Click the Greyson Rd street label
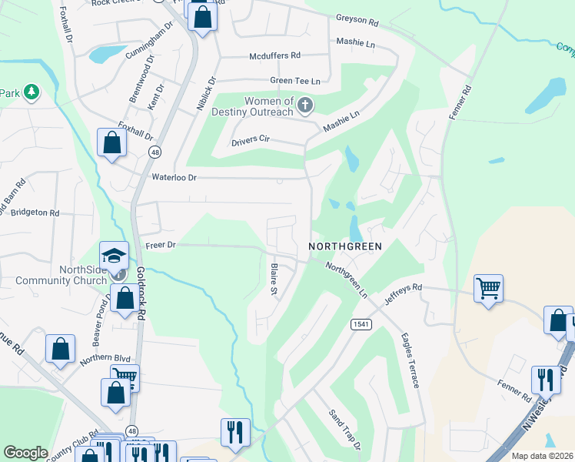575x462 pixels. coord(358,18)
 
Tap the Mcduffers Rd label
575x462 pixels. coord(274,55)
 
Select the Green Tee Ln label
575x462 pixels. coord(294,81)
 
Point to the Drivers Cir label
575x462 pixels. coord(251,142)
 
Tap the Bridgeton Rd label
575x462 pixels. coord(36,212)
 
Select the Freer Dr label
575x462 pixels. coord(161,245)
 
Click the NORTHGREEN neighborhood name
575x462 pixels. coord(345,246)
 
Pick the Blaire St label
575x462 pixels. coord(273,280)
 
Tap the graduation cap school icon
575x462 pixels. coord(114,255)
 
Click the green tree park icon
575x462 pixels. coord(31,92)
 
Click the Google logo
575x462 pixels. coord(25,452)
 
